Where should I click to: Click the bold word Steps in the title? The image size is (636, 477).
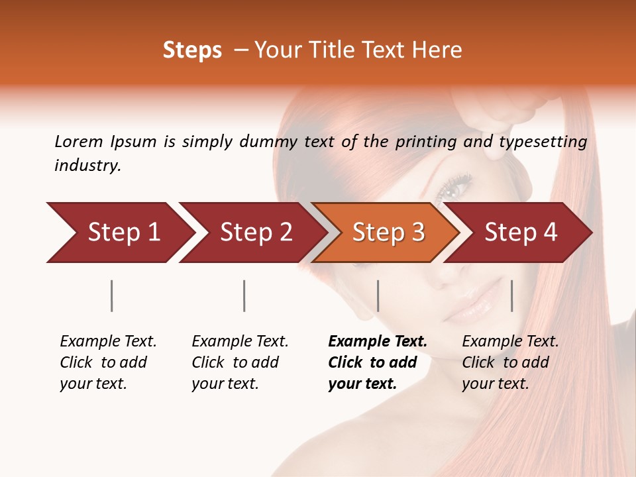tap(192, 50)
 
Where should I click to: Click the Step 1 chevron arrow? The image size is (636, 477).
tap(119, 233)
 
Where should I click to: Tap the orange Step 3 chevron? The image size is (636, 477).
tap(387, 233)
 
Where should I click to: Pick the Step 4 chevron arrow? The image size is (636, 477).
tap(520, 233)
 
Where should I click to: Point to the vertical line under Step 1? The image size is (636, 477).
tap(112, 295)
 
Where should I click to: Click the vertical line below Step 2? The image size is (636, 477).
tap(244, 295)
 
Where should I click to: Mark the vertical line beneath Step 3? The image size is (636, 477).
tap(378, 295)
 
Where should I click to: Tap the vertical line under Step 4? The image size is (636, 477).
tap(512, 295)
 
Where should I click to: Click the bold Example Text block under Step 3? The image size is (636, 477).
tap(377, 362)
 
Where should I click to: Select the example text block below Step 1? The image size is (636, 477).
tap(108, 362)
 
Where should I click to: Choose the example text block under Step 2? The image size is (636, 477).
tap(240, 362)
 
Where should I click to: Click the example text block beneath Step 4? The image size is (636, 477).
tap(510, 362)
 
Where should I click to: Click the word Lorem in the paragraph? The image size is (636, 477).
tap(78, 142)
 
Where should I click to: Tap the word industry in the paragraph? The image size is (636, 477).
tap(87, 166)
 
